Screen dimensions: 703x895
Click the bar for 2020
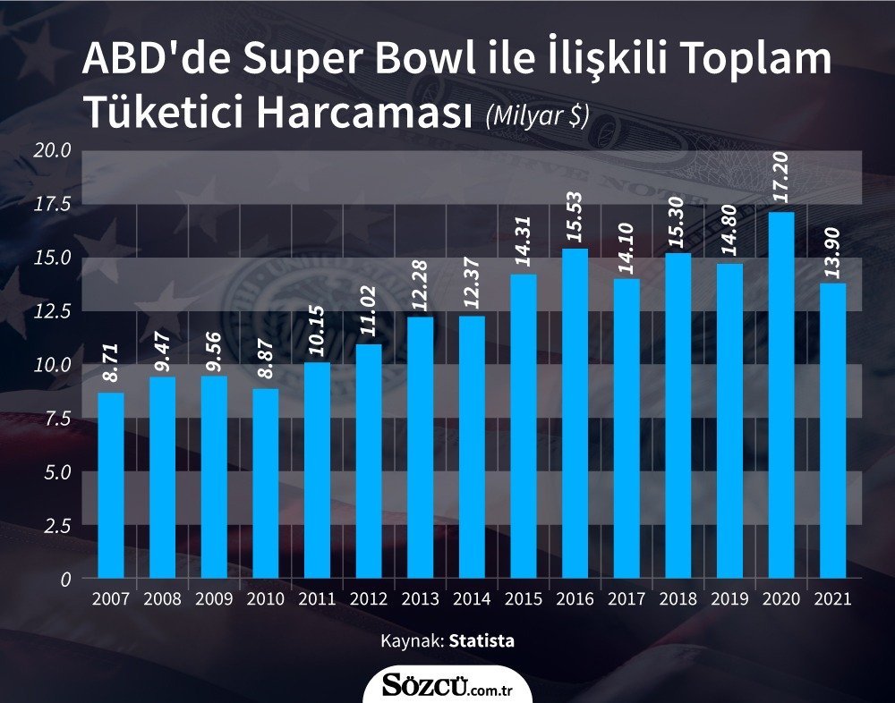[780, 395]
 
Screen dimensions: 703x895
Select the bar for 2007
[111, 486]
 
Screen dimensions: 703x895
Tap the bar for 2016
[575, 413]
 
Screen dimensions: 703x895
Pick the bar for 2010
[266, 483]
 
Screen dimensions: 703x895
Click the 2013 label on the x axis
[420, 598]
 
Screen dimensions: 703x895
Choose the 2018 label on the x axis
[678, 598]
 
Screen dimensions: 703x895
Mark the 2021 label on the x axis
[832, 598]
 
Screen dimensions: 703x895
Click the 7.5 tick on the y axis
[57, 419]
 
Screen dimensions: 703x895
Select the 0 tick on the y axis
[65, 580]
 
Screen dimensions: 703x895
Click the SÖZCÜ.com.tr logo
[447, 687]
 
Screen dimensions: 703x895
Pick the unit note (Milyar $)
[536, 116]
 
